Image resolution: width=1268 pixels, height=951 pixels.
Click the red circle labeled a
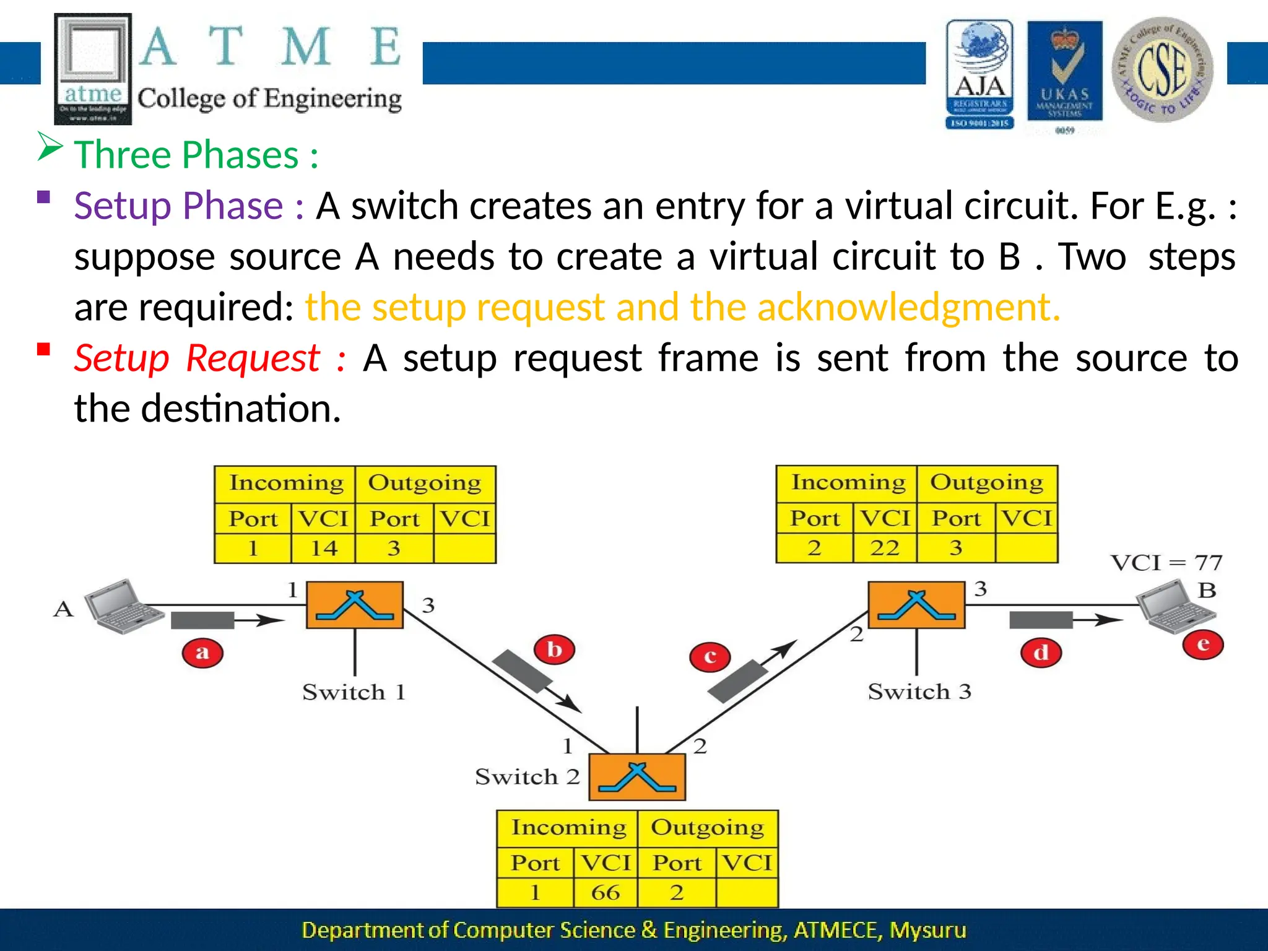(202, 653)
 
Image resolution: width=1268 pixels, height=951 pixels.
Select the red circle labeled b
(555, 650)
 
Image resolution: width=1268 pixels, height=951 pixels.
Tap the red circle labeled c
(710, 657)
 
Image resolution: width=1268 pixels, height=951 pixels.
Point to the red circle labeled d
(1041, 653)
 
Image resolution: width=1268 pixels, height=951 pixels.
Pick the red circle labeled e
(1203, 645)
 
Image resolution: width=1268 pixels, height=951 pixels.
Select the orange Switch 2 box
(637, 778)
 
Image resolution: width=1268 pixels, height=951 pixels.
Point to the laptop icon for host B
(1175, 607)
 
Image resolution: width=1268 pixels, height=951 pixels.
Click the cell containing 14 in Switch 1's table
(324, 549)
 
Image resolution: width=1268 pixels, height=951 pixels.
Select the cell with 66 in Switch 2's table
(606, 893)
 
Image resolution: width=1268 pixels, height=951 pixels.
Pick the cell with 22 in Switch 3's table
(885, 548)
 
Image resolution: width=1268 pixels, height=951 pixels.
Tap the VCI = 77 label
(1166, 563)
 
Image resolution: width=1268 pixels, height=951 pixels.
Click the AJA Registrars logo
(979, 74)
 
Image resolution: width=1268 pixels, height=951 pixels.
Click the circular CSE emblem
(1162, 69)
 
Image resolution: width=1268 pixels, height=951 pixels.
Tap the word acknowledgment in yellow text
(908, 307)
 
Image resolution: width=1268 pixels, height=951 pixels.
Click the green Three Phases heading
(196, 155)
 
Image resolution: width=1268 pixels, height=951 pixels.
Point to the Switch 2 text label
(527, 777)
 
